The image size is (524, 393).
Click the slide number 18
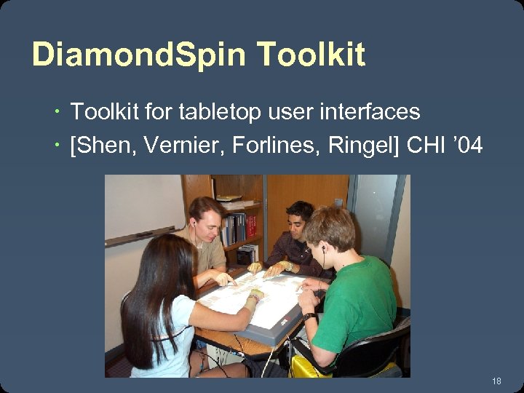click(x=497, y=381)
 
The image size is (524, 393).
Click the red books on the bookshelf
click(x=252, y=226)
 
